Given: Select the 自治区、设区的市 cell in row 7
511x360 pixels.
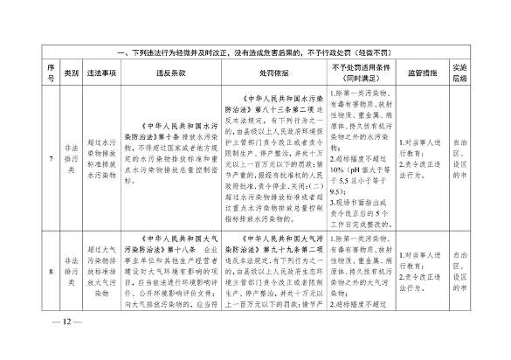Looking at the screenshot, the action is click(458, 144).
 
